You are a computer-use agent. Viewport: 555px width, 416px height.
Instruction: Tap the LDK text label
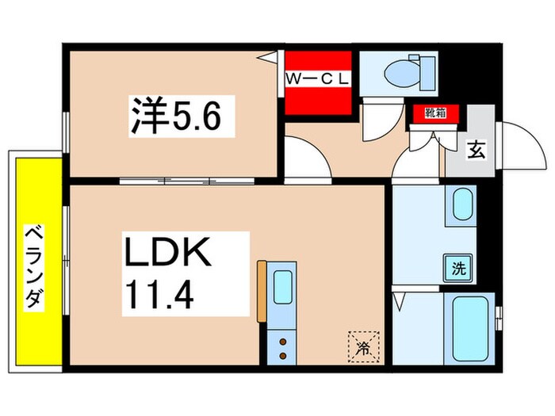coord(166,256)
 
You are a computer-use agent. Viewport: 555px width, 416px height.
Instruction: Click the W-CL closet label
coord(317,79)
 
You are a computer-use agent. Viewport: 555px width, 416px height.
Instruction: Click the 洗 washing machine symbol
coord(460,266)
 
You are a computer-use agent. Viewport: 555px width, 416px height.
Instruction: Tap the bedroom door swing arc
coord(305,158)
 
